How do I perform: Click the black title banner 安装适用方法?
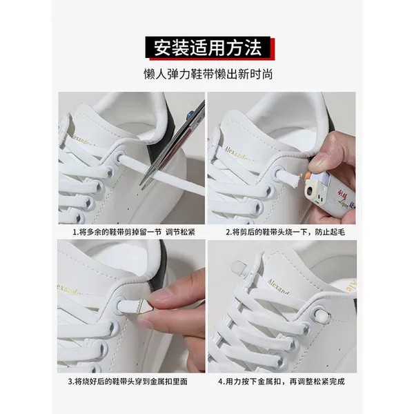208,47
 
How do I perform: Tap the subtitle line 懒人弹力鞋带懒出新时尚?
208,75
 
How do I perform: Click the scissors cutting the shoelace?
172,145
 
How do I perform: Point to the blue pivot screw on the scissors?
190,116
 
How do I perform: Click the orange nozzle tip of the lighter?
308,175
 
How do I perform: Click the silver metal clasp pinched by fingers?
145,306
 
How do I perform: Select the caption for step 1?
134,233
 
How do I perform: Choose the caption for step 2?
286,233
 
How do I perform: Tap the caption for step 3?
128,382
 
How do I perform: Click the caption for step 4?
282,382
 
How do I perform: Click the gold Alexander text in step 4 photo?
278,286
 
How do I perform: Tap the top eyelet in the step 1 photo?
120,157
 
